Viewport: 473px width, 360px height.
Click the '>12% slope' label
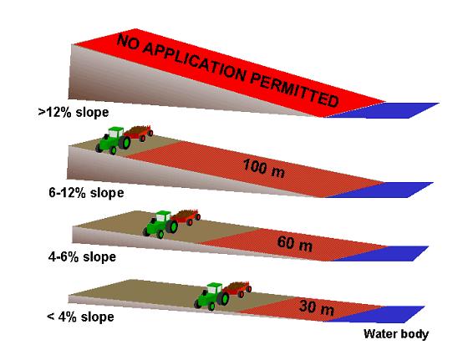click(74, 113)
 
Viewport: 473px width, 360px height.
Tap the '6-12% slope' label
click(86, 193)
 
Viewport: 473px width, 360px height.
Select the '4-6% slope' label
click(82, 257)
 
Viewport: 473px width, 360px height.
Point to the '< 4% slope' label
click(80, 317)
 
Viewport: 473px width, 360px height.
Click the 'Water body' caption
click(396, 334)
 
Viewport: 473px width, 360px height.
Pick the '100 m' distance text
click(263, 168)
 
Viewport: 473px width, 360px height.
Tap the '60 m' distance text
click(295, 244)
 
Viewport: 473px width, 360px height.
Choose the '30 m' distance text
click(317, 307)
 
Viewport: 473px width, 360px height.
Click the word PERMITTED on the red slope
click(294, 89)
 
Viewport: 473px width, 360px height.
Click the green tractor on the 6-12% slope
click(113, 140)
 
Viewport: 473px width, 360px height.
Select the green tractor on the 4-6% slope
click(160, 225)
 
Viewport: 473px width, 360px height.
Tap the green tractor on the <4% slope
click(211, 297)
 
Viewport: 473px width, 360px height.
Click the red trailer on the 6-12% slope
click(139, 133)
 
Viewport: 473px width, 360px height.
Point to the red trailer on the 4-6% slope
click(186, 217)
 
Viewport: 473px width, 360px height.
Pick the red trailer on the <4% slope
click(237, 289)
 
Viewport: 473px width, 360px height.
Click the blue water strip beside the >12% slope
click(383, 110)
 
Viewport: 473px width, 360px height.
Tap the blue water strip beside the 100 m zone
click(381, 190)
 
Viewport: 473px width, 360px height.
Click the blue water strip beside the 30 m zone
click(375, 314)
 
